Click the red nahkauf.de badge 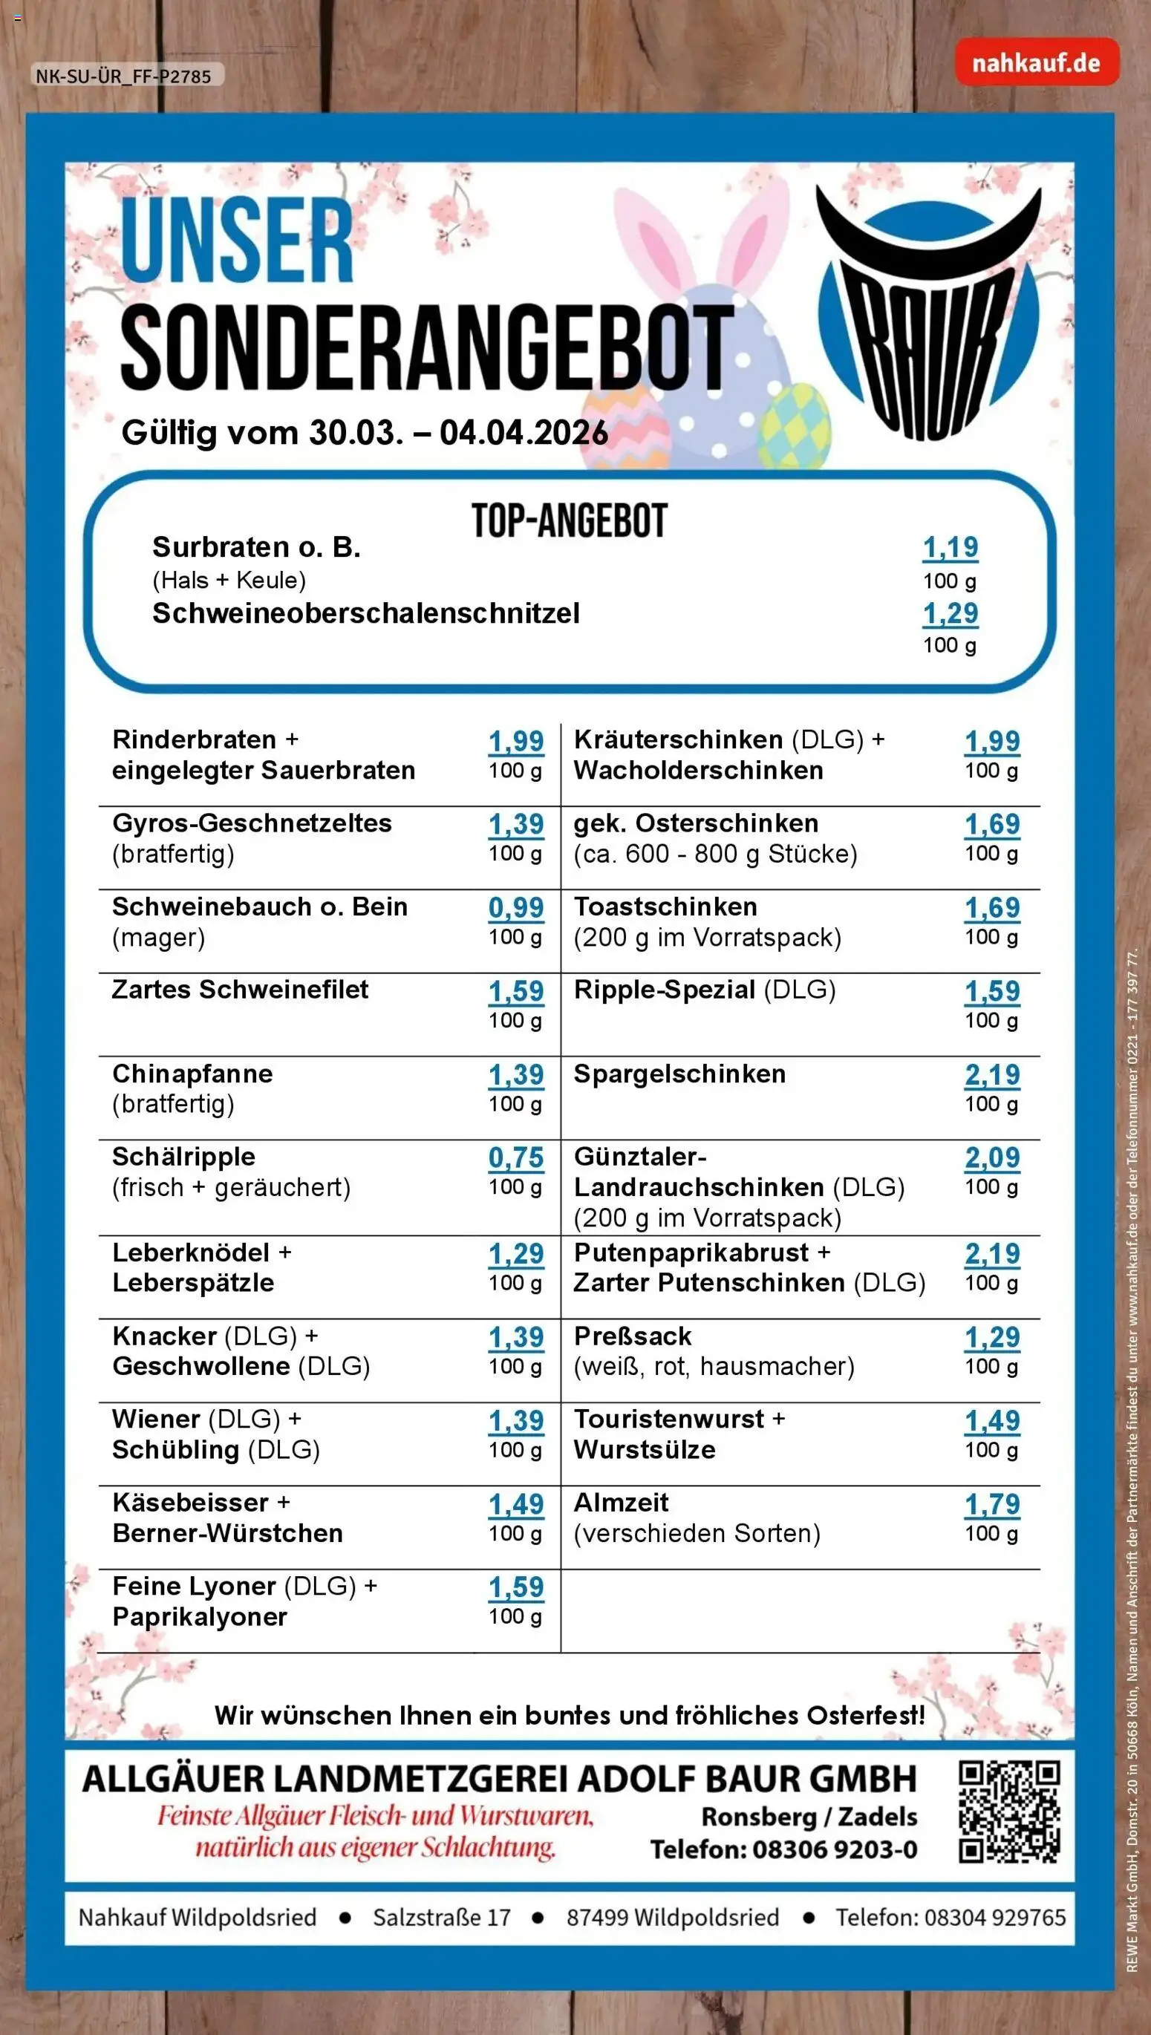click(1037, 62)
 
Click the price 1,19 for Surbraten click(951, 547)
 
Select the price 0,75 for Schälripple click(515, 1157)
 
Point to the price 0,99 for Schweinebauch click(515, 907)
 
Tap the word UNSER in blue click(236, 241)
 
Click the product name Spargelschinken click(679, 1074)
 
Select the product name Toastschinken click(665, 907)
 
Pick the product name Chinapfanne click(192, 1074)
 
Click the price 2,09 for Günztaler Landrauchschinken click(991, 1157)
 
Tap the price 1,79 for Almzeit click(991, 1504)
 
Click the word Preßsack click(633, 1336)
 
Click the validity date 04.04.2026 click(524, 433)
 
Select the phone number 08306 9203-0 click(834, 1850)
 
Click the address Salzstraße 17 click(441, 1918)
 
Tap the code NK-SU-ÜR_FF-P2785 click(123, 76)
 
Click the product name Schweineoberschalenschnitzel click(365, 613)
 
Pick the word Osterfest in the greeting click(865, 1716)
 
